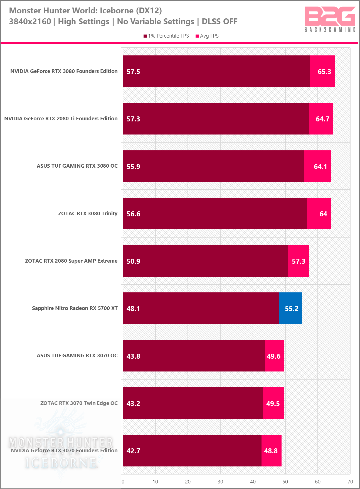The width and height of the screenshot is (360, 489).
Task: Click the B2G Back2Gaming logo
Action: pyautogui.click(x=330, y=19)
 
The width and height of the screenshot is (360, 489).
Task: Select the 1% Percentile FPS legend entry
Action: pyautogui.click(x=166, y=36)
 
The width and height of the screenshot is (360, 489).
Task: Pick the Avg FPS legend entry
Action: pyautogui.click(x=207, y=36)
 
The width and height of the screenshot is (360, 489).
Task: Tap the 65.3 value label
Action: pyautogui.click(x=324, y=72)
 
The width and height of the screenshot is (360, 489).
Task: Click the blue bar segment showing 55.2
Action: pyautogui.click(x=290, y=308)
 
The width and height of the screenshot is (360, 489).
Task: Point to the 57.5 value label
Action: pyautogui.click(x=133, y=72)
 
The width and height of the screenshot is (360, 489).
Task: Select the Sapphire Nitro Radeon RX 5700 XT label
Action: pyautogui.click(x=75, y=308)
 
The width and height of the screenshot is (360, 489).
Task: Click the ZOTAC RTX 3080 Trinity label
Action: pyautogui.click(x=88, y=214)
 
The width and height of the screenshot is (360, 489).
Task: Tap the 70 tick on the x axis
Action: pyautogui.click(x=350, y=482)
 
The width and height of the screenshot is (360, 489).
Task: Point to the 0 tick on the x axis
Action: pyautogui.click(x=123, y=482)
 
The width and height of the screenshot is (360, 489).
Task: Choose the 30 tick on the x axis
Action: pyautogui.click(x=220, y=482)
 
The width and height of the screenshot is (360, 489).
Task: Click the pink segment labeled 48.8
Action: pyautogui.click(x=271, y=451)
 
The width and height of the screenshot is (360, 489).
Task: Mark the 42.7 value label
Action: pyautogui.click(x=133, y=451)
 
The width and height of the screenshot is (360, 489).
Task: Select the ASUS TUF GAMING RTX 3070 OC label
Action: pyautogui.click(x=77, y=356)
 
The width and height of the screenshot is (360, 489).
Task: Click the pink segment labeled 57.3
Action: pyautogui.click(x=299, y=261)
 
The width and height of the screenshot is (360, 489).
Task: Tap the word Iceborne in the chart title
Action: pyautogui.click(x=117, y=11)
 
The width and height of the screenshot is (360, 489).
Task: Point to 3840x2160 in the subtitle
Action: pyautogui.click(x=30, y=21)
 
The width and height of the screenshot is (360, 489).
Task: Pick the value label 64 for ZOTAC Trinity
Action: pyautogui.click(x=323, y=214)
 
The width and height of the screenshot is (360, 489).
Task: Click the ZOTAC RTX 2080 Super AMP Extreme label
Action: pyautogui.click(x=71, y=261)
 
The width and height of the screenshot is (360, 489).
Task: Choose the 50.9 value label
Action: pyautogui.click(x=133, y=261)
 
